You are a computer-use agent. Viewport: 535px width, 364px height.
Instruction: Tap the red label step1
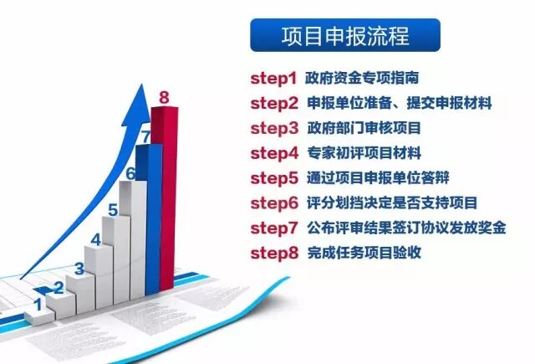click(274, 79)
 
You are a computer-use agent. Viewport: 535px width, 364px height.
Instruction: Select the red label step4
click(274, 153)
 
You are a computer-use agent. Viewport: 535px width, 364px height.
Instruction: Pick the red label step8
click(274, 252)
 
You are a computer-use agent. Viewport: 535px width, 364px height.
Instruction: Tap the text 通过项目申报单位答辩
click(374, 177)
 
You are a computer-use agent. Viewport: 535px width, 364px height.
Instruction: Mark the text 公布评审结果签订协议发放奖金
click(406, 228)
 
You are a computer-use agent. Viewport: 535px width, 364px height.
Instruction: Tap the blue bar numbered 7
click(148, 218)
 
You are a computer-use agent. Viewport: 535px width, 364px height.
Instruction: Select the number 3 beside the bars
click(79, 269)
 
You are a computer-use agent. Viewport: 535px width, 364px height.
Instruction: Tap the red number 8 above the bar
click(164, 98)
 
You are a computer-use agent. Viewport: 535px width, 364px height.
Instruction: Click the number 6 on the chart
click(130, 174)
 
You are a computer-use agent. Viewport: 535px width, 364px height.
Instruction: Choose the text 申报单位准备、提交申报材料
click(399, 104)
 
